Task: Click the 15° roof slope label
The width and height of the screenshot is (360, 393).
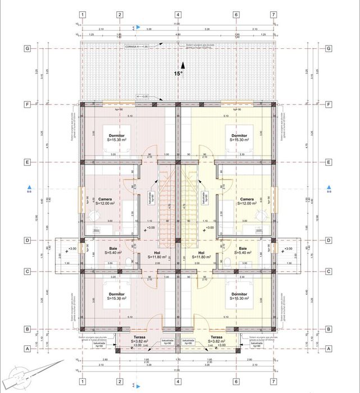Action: [x=178, y=73]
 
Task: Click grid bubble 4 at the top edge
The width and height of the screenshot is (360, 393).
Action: [x=178, y=15]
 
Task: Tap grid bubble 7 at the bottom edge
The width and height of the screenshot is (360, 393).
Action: [x=274, y=381]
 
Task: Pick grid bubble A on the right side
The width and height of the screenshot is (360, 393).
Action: [x=328, y=348]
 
